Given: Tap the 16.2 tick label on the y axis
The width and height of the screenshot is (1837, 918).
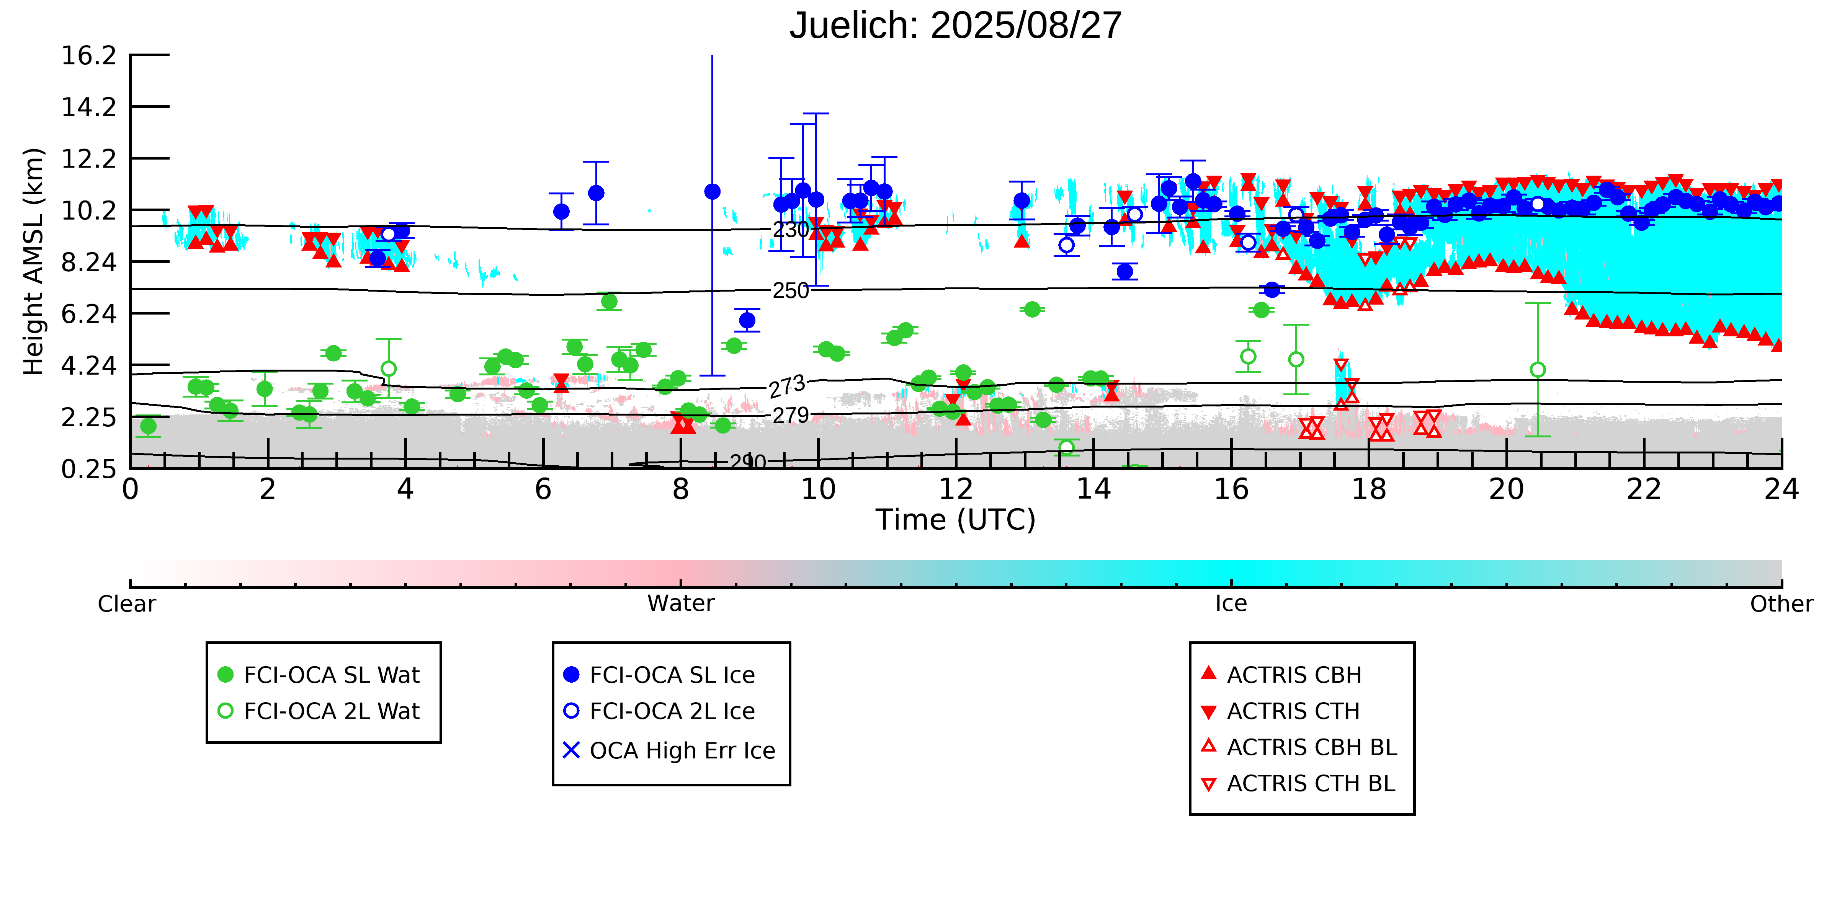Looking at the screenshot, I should point(88,55).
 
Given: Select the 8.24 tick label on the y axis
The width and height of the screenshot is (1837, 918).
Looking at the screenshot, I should point(88,262).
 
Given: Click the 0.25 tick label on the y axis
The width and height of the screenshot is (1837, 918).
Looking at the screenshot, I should point(88,469).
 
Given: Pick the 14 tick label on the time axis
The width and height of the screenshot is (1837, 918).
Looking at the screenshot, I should point(1093,490).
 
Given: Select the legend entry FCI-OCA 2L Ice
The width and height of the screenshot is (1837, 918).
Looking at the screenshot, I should point(672,711).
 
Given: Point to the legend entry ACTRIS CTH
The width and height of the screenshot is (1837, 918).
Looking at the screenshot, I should point(1293,711).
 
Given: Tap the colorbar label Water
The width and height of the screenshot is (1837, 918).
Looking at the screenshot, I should point(680,604).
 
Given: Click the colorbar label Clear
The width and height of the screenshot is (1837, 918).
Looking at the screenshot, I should point(127,604).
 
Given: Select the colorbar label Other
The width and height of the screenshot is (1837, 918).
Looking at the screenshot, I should point(1781,604).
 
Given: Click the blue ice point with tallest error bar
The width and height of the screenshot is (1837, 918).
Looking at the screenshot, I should point(712,192).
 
